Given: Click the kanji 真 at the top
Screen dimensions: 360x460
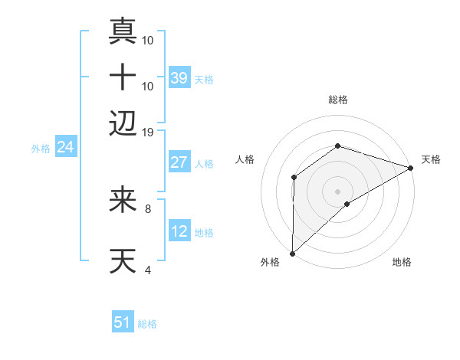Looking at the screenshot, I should tap(123, 31).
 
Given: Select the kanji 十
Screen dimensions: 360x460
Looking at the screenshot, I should tap(123, 77).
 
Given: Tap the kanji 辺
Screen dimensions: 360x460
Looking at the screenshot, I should tap(123, 123).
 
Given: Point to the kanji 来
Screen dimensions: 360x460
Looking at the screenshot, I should tap(123, 200).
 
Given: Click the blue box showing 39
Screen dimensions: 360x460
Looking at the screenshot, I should tap(179, 77).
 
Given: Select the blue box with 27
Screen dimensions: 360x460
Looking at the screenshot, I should tap(179, 162).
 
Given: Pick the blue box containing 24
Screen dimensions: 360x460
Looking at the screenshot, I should tap(65, 147).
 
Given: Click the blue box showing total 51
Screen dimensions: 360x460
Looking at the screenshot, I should tap(122, 322).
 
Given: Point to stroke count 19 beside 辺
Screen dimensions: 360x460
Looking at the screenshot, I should tap(148, 132).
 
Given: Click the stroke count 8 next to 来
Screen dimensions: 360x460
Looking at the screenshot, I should tap(147, 208).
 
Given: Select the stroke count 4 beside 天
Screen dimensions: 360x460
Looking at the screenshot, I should tap(147, 269).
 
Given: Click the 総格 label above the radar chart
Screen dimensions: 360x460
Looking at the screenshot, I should tap(338, 100).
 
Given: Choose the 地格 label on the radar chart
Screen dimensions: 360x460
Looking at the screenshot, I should tap(402, 263).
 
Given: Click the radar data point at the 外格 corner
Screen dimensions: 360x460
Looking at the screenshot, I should tap(292, 253).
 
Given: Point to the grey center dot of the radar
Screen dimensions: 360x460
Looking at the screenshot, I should tap(338, 191).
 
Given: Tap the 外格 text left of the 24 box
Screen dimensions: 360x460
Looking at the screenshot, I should tap(41, 149).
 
